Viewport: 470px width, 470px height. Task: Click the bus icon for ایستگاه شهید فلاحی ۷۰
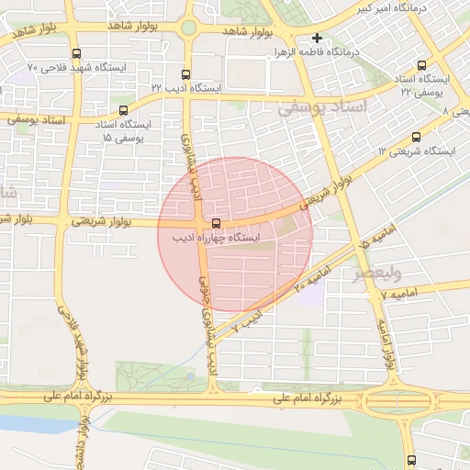75,53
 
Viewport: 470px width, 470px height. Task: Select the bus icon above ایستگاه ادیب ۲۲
186,74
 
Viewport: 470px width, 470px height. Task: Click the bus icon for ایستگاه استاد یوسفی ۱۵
98,110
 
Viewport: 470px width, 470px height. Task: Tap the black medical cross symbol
317,39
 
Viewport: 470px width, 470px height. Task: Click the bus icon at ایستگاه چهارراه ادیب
217,223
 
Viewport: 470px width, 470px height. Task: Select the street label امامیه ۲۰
312,276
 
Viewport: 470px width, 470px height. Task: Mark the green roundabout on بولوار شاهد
188,28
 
